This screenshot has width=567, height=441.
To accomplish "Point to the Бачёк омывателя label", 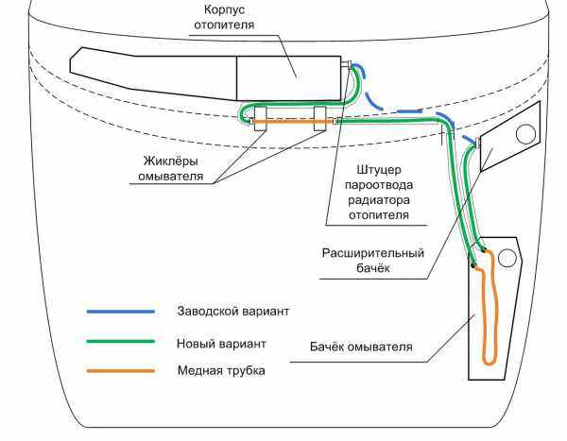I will click(362, 348).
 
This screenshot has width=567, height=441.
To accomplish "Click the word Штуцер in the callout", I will click(370, 171).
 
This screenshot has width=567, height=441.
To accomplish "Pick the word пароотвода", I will click(374, 186).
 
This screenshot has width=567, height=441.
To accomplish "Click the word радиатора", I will click(374, 200).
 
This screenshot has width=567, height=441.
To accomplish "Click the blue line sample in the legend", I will click(121, 311).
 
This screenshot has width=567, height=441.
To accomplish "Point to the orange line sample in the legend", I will click(121, 371).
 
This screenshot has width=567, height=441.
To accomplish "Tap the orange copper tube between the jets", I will click(289, 121).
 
